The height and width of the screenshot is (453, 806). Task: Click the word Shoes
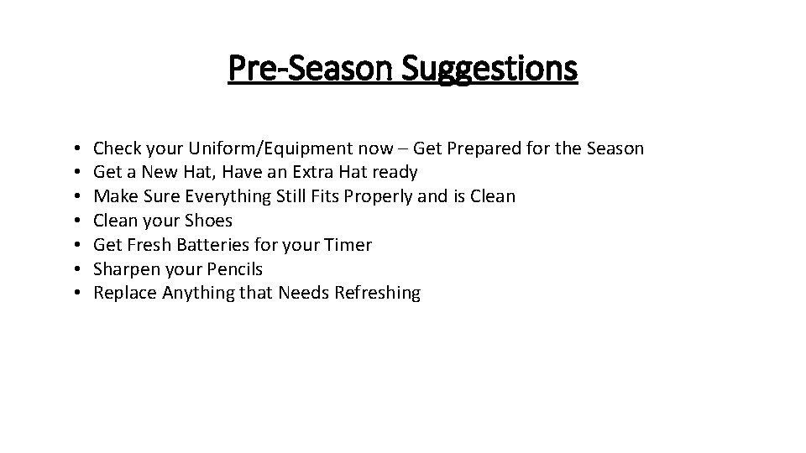(208, 221)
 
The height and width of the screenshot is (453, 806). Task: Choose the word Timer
(348, 245)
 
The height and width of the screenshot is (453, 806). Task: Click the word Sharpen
(125, 269)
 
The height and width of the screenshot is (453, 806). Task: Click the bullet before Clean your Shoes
(76, 221)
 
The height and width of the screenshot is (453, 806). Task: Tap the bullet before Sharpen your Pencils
(76, 269)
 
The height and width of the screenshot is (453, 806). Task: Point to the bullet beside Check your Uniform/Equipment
(76, 149)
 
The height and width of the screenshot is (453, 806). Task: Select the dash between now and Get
(403, 150)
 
